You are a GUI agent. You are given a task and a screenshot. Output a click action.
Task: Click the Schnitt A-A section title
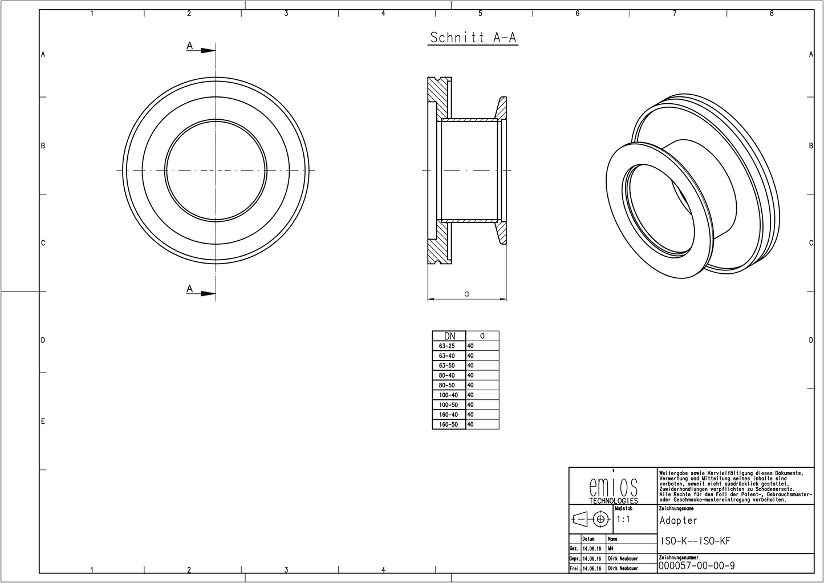(x=473, y=38)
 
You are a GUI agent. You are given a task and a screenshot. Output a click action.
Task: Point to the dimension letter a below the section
(x=466, y=293)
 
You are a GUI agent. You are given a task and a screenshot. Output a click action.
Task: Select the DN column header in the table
(x=449, y=336)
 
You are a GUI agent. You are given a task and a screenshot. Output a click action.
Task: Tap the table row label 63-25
(x=447, y=346)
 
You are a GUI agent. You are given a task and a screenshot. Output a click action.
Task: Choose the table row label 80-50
(x=447, y=386)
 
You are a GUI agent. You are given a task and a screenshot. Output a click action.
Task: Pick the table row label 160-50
(x=448, y=424)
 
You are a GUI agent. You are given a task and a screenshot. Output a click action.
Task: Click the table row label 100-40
(x=448, y=395)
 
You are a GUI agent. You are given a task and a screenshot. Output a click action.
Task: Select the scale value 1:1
(x=623, y=520)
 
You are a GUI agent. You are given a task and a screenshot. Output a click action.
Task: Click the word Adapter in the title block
(x=679, y=520)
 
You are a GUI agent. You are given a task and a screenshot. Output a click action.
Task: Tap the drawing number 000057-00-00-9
(x=696, y=565)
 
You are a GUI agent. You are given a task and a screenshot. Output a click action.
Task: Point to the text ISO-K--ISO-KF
(x=695, y=541)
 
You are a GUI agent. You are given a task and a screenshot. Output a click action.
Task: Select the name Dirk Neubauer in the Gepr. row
(x=623, y=558)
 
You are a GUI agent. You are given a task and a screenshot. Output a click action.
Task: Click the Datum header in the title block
(x=588, y=539)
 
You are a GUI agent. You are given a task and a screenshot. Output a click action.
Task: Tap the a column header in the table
(x=482, y=336)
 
